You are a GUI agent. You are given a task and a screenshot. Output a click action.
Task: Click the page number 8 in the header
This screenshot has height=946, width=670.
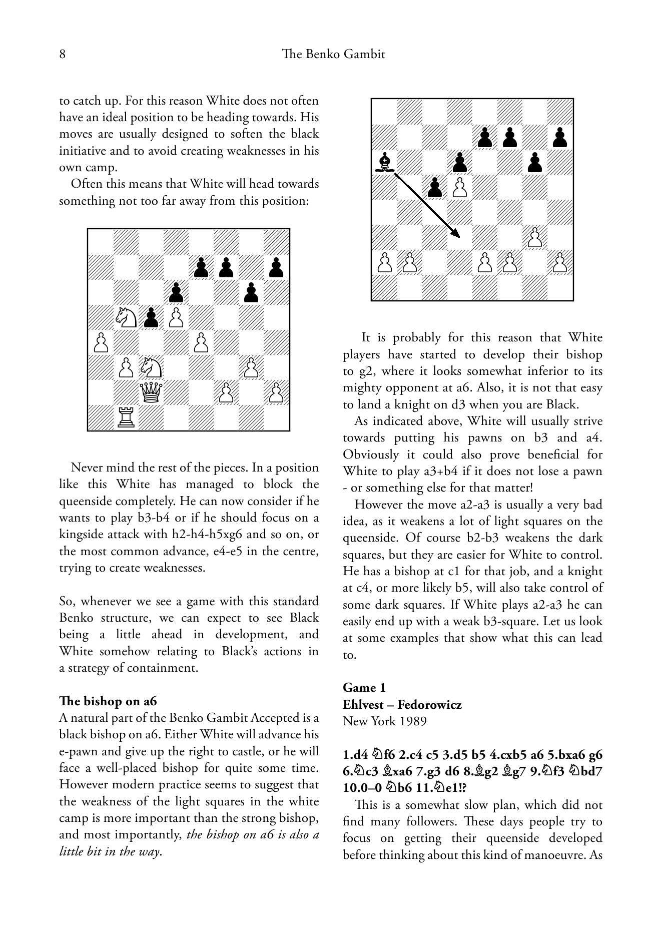click(x=63, y=54)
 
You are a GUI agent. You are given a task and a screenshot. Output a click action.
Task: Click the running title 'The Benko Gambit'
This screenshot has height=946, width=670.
click(x=334, y=54)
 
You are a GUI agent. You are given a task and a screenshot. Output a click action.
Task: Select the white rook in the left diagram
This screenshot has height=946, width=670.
click(x=126, y=417)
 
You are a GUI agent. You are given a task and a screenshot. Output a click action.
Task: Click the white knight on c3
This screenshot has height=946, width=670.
click(x=151, y=367)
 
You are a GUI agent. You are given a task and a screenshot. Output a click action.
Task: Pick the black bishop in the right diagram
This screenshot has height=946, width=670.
click(x=384, y=162)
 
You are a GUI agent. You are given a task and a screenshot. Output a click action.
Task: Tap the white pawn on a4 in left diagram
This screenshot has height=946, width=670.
click(x=101, y=342)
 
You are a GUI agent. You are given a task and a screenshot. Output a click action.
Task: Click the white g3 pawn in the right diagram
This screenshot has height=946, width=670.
click(x=535, y=237)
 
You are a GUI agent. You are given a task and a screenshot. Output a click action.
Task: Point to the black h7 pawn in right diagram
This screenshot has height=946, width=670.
click(x=560, y=137)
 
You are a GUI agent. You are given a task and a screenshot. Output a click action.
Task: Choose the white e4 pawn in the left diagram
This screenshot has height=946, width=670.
click(x=201, y=342)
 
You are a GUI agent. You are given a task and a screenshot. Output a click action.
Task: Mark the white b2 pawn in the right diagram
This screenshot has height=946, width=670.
click(x=409, y=262)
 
